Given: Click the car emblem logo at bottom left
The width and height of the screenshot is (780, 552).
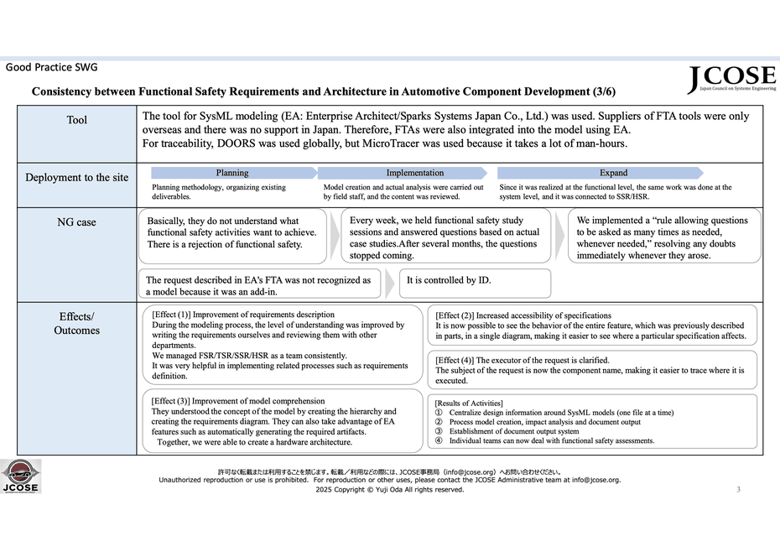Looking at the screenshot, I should click(x=20, y=476).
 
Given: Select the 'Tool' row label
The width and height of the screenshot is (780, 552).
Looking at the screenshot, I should click(x=76, y=121).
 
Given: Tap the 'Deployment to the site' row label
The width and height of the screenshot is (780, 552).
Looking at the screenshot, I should click(x=76, y=178).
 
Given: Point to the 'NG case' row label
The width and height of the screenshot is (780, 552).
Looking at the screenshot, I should click(x=76, y=222).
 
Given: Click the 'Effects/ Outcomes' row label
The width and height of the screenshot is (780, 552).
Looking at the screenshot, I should click(x=76, y=324).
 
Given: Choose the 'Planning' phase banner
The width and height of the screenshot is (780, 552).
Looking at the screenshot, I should click(x=231, y=173).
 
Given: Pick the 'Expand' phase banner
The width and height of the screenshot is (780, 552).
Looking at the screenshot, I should click(x=613, y=173).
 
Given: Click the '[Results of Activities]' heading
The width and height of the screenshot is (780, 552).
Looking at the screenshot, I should click(x=469, y=404).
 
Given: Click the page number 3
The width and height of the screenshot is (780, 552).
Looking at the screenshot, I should click(x=738, y=489).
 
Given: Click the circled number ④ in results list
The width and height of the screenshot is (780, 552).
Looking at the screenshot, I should click(x=439, y=440).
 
